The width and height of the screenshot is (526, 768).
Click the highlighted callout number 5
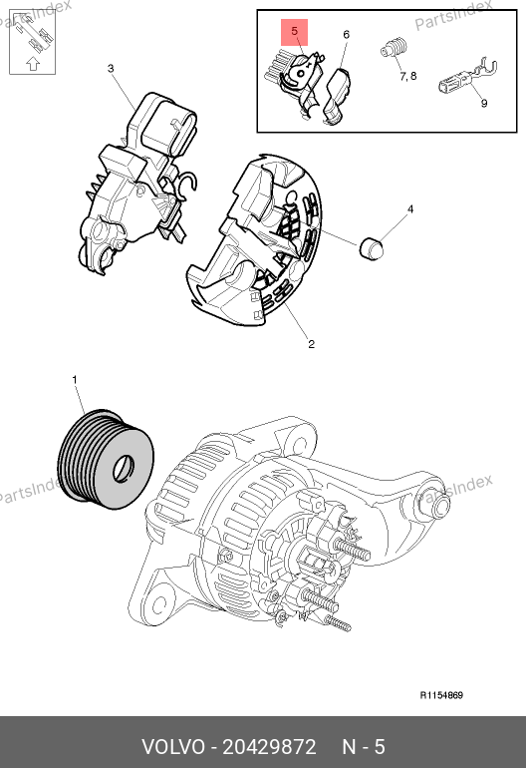click(294, 31)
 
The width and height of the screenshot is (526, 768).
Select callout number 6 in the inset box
click(347, 34)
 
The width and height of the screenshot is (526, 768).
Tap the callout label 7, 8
click(408, 76)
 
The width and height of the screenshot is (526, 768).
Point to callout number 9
click(484, 103)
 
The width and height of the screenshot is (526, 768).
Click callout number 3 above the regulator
click(111, 68)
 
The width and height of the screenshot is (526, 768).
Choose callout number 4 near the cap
click(410, 209)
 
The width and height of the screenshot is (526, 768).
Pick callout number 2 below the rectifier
click(311, 344)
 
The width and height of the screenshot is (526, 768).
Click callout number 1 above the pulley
click(75, 380)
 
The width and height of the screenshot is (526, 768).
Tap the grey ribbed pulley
click(106, 459)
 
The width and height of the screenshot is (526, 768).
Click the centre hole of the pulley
click(123, 468)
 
